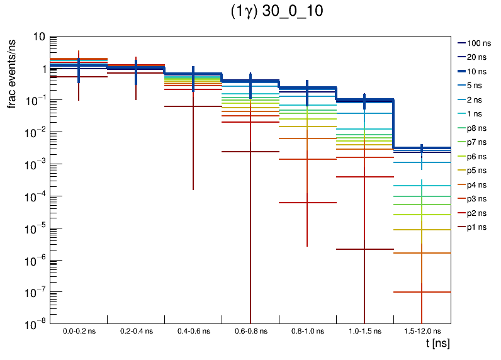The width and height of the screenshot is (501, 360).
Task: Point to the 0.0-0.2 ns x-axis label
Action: [79, 331]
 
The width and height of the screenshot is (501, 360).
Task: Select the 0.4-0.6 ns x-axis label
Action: [193, 331]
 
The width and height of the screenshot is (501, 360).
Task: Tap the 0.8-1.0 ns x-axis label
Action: [307, 331]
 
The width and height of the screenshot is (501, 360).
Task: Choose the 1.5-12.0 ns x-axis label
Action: [422, 331]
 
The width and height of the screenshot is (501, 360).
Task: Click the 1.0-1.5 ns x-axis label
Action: [364, 331]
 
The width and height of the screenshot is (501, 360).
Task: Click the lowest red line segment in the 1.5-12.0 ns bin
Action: [422, 292]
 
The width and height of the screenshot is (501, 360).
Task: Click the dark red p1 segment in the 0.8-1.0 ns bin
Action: [307, 203]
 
